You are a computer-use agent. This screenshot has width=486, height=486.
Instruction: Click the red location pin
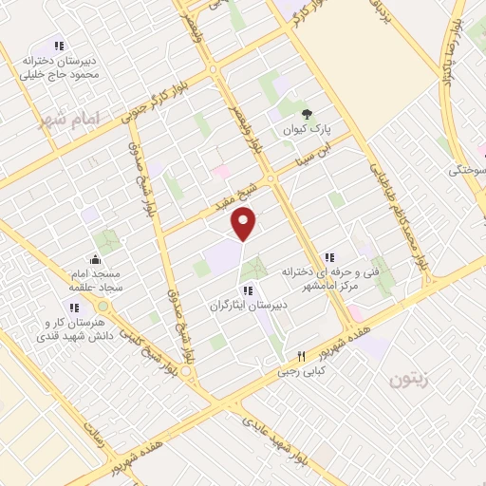[244, 224]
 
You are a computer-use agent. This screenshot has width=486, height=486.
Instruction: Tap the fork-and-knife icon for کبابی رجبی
[302, 356]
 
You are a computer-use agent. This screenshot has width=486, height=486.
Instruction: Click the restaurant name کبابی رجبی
[302, 371]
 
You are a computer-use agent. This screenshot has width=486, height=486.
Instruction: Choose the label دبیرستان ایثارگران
[248, 307]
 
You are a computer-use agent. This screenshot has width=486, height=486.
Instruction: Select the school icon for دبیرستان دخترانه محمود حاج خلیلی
[59, 46]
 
